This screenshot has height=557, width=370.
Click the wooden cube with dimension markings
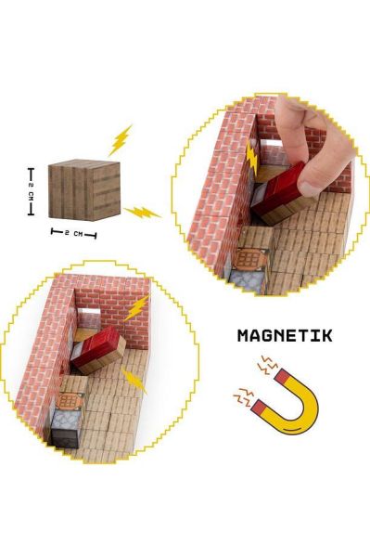(84, 189)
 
